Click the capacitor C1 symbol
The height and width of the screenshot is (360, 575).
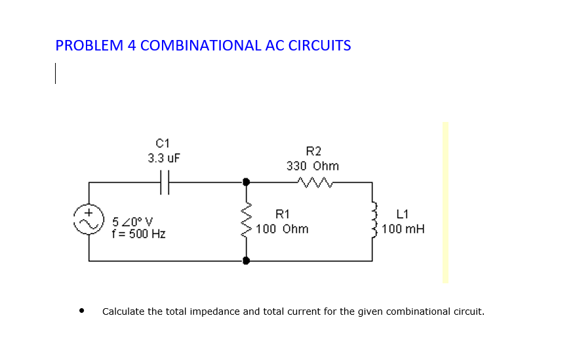click(x=165, y=182)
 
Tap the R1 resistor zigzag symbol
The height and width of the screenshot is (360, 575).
click(x=247, y=221)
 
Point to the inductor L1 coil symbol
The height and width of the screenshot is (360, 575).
click(x=374, y=221)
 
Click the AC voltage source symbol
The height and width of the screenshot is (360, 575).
click(x=90, y=221)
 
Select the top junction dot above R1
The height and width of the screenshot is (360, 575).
click(x=247, y=182)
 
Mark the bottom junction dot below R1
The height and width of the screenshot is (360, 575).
click(x=247, y=260)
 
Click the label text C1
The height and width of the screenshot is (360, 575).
click(x=163, y=143)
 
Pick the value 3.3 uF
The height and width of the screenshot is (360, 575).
click(x=163, y=158)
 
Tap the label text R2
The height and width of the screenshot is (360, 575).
click(x=313, y=151)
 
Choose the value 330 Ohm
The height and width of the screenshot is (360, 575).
click(x=313, y=166)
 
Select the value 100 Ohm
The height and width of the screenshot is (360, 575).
click(x=282, y=229)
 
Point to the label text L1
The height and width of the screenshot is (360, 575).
click(x=403, y=214)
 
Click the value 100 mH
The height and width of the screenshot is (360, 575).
click(x=403, y=229)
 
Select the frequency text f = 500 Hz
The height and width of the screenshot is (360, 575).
click(x=139, y=233)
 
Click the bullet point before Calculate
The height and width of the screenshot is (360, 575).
click(x=81, y=311)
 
